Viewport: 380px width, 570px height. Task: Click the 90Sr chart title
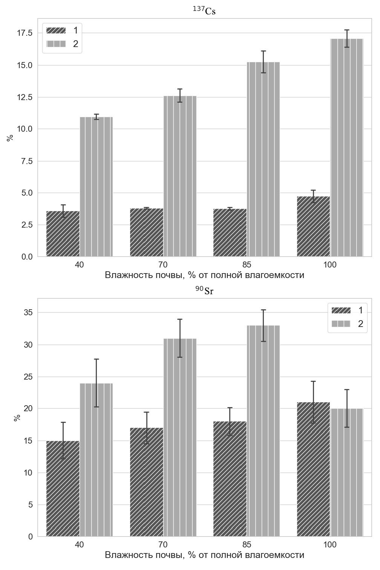(x=204, y=290)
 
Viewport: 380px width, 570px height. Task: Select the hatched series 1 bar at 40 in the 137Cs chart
(x=63, y=234)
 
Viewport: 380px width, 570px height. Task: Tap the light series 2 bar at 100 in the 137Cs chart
(x=347, y=147)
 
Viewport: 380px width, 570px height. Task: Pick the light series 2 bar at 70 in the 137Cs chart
(x=180, y=176)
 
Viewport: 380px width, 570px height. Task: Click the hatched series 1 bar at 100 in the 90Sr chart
(x=313, y=469)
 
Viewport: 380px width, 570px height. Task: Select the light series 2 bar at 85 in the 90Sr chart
(x=264, y=431)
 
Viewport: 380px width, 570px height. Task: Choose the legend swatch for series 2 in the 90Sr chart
(x=341, y=324)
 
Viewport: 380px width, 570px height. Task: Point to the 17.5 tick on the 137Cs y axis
(x=25, y=33)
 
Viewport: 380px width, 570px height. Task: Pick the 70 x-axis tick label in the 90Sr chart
(x=163, y=544)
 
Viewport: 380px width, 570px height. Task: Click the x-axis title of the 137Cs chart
(x=204, y=275)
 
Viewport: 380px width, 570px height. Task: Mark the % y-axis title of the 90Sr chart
(x=17, y=418)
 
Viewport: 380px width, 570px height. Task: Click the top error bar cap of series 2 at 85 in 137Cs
(x=264, y=51)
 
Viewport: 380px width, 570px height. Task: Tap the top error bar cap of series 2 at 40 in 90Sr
(x=97, y=359)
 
